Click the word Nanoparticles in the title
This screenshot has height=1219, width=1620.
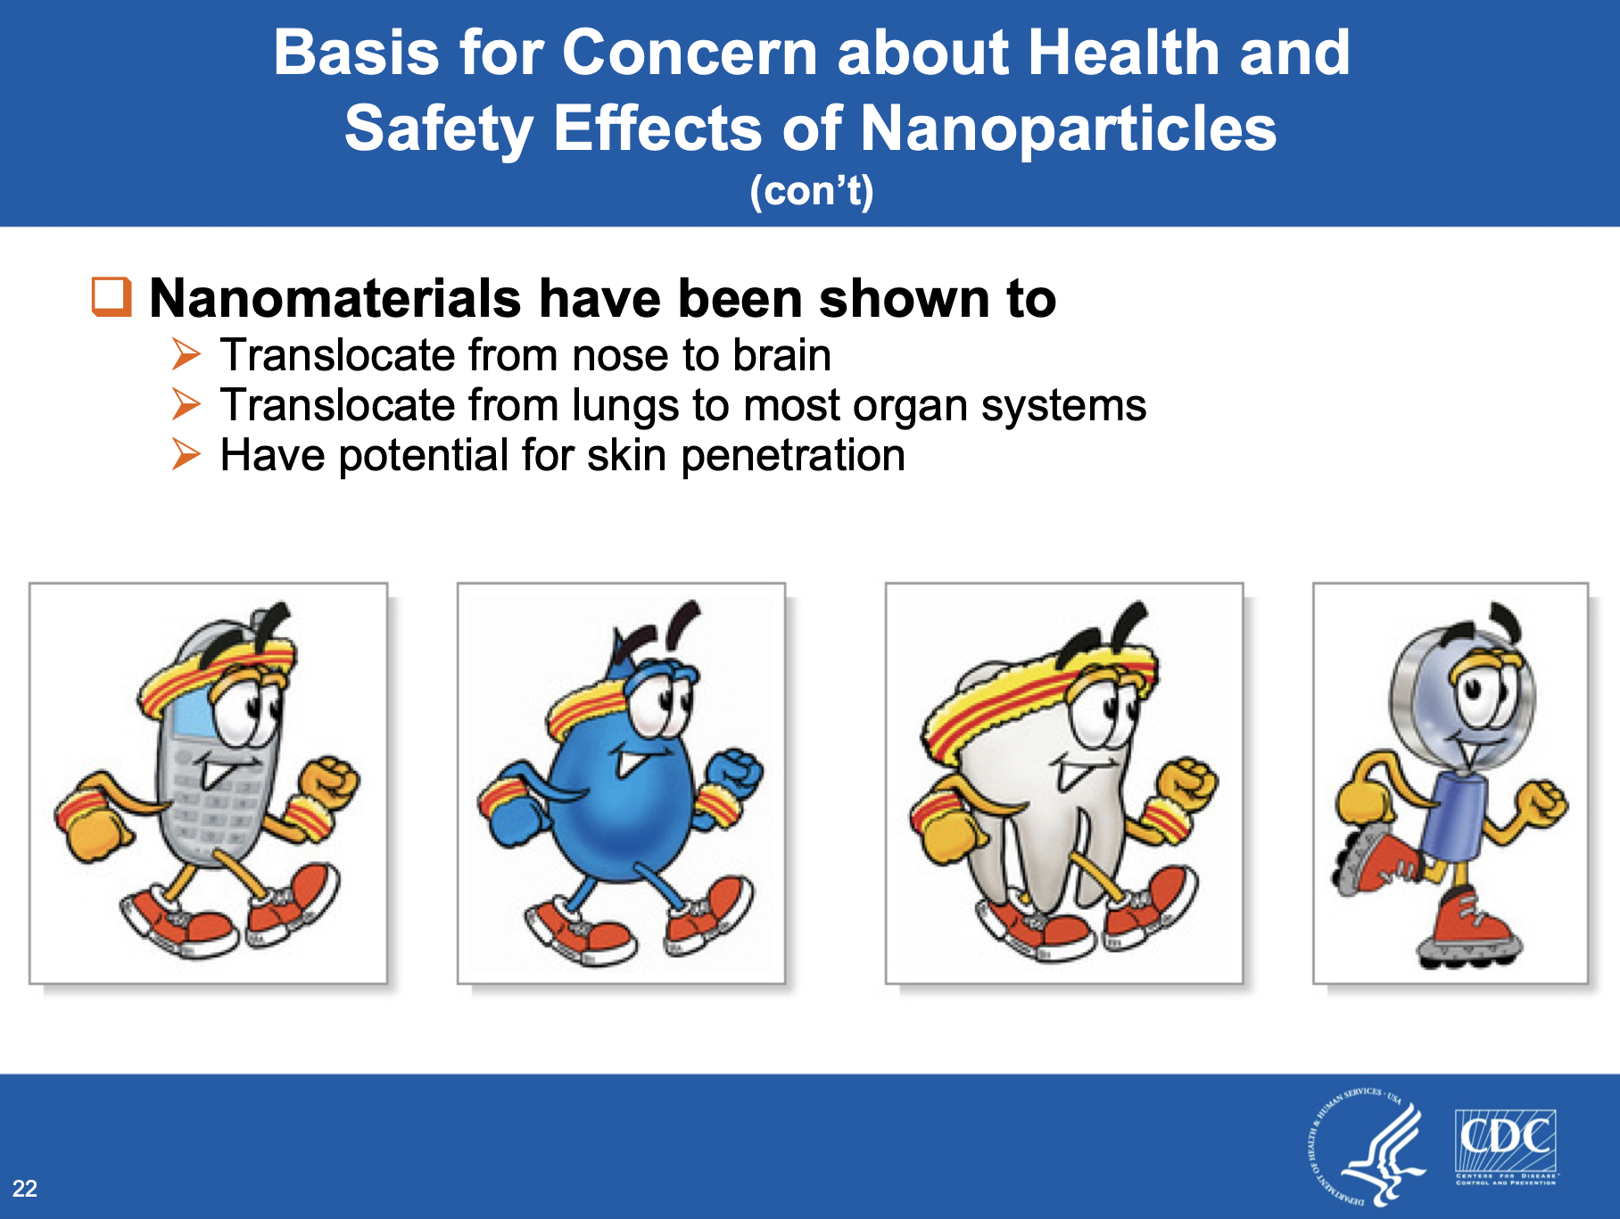pyautogui.click(x=1068, y=128)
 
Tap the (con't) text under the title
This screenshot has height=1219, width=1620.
pyautogui.click(x=811, y=191)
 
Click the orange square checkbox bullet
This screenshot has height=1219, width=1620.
pyautogui.click(x=112, y=296)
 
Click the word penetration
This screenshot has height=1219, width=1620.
pyautogui.click(x=793, y=455)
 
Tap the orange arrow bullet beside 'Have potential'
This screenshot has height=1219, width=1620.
pyautogui.click(x=186, y=454)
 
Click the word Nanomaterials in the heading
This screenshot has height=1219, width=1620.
pyautogui.click(x=335, y=298)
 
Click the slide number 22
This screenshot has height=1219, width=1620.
pyautogui.click(x=25, y=1188)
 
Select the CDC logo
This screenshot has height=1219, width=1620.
pyautogui.click(x=1507, y=1148)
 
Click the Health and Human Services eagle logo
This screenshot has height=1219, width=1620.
pyautogui.click(x=1368, y=1146)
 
